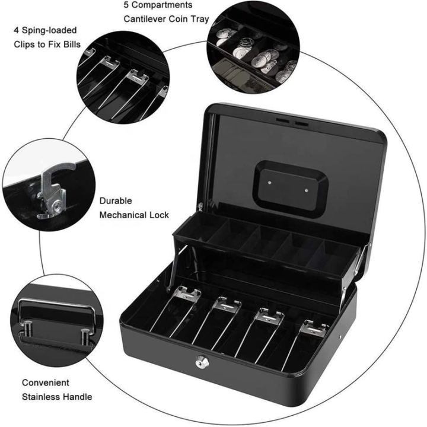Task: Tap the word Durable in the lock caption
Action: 116,201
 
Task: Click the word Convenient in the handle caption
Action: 46,383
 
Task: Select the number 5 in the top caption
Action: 126,5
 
